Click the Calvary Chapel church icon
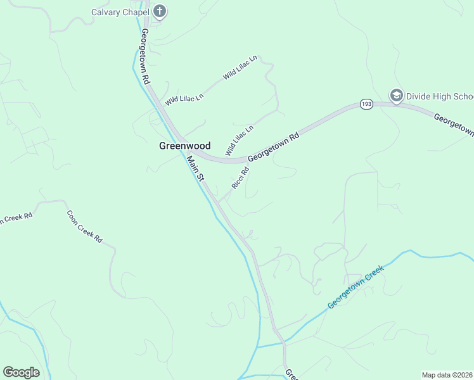point(159,11)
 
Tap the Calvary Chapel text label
point(120,11)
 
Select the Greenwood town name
point(184,146)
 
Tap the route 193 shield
point(366,103)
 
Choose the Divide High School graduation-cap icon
point(397,96)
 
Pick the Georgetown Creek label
point(356,288)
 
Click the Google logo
point(21,372)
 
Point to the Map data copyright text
point(447,374)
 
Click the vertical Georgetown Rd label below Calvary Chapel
point(145,57)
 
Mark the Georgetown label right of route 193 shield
point(454,123)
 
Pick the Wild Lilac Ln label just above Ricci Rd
point(239,141)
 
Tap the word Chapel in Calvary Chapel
point(136,11)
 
